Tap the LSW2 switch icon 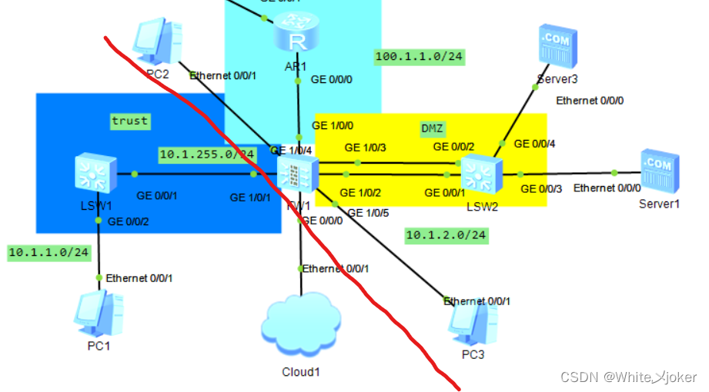pos(478,173)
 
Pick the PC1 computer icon pos(98,313)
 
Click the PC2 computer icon pos(156,43)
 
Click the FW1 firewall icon pos(296,175)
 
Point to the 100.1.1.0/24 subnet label pos(420,56)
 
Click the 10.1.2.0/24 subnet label pos(446,235)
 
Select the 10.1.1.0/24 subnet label pos(49,252)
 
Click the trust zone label pos(129,121)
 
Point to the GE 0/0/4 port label pos(534,143)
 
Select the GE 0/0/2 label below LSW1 pos(129,222)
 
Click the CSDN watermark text pos(628,377)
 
